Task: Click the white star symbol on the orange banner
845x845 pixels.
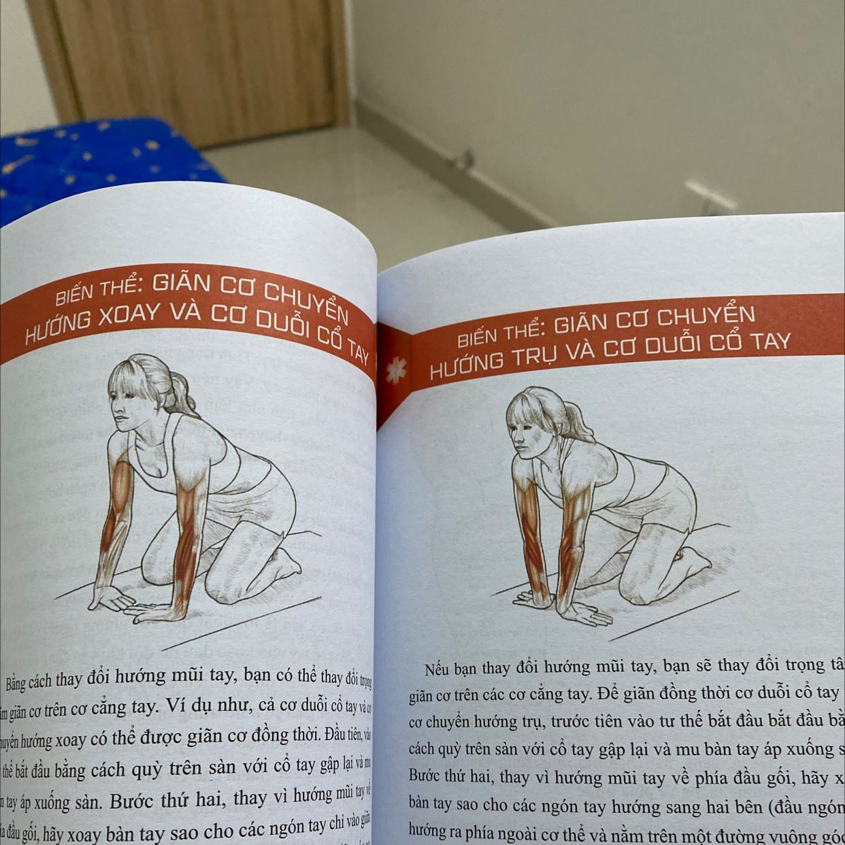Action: click(393, 371)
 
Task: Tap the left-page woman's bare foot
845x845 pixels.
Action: click(286, 559)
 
